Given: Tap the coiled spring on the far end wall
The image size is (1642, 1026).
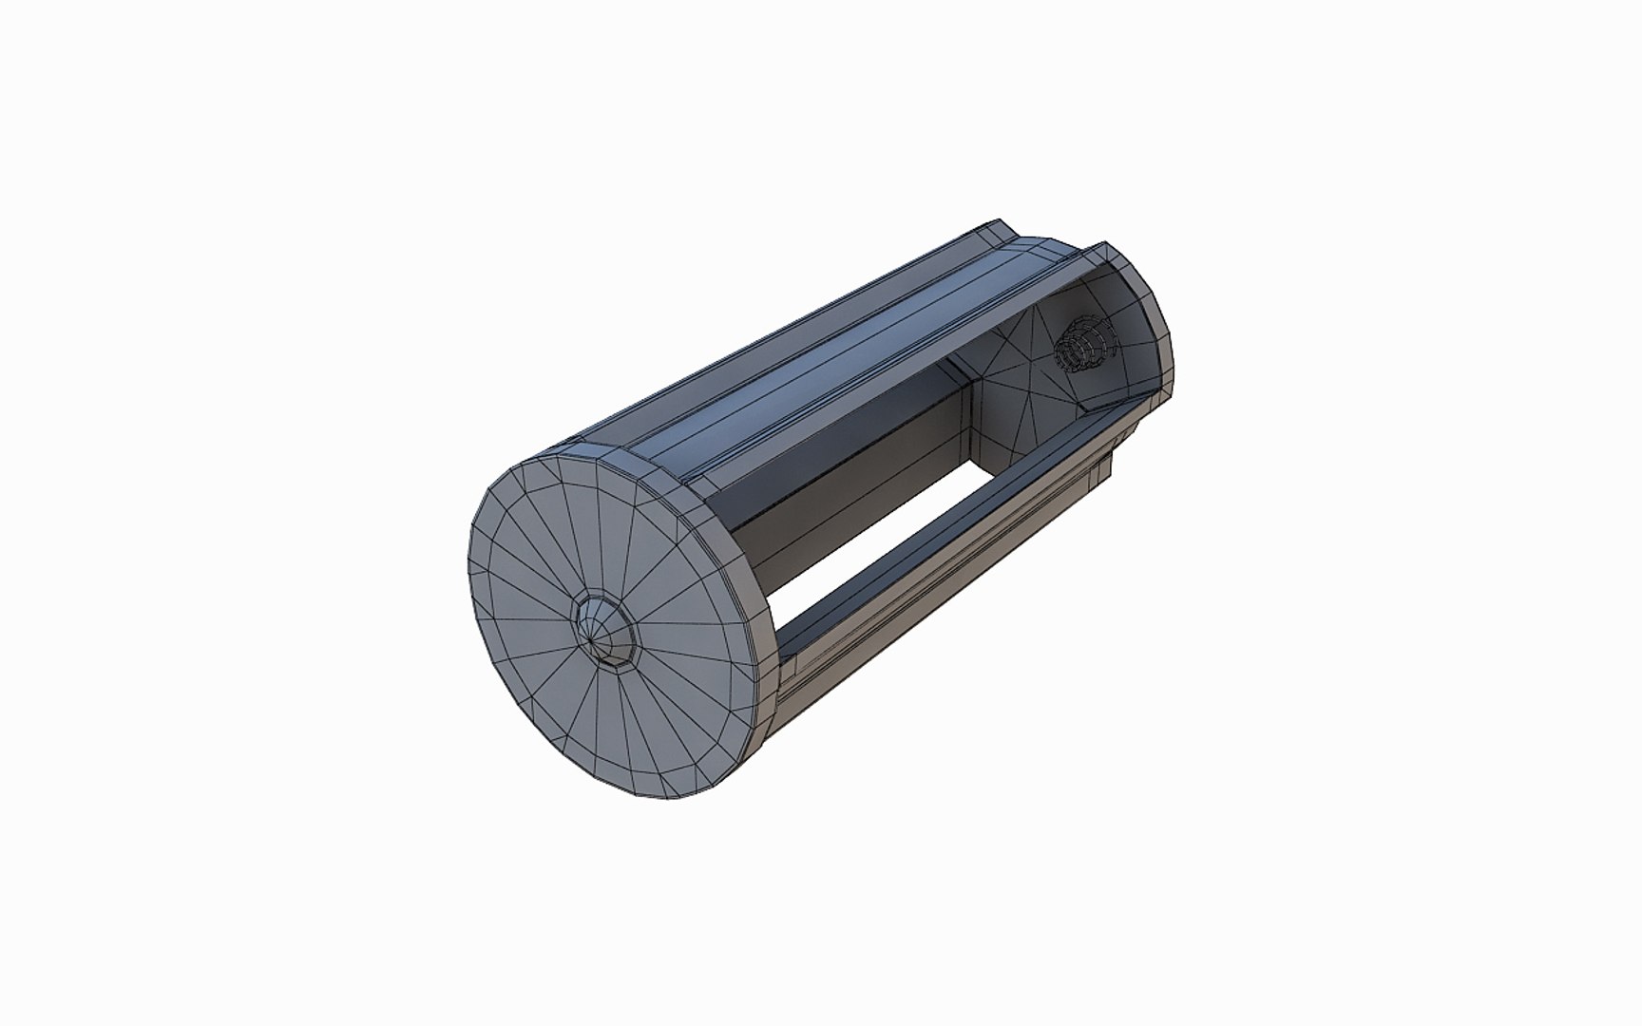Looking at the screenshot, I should pyautogui.click(x=1083, y=343).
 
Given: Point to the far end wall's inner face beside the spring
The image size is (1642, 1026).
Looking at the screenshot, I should pyautogui.click(x=1017, y=380).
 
